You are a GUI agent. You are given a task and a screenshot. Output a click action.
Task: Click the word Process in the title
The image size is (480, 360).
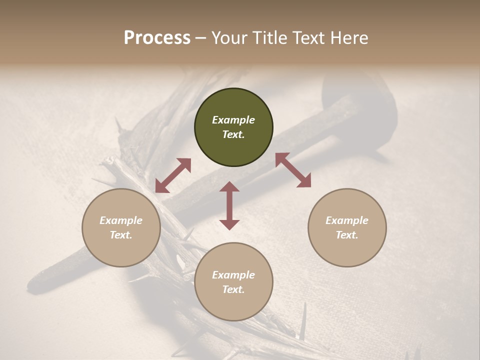157,37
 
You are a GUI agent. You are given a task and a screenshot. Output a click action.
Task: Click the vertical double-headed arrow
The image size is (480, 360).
229,205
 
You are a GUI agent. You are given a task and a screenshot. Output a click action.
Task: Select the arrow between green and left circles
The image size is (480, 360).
173,175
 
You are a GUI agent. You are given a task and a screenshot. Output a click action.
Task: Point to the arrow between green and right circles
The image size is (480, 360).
293,170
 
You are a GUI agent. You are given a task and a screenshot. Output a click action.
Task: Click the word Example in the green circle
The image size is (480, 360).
233,120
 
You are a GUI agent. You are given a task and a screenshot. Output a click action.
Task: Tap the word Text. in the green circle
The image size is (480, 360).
233,134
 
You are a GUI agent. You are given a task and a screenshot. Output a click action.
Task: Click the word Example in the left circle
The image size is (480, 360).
121,220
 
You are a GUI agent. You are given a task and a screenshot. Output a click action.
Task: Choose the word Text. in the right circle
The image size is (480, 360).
347,235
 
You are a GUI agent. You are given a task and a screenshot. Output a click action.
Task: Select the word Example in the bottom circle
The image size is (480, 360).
233,275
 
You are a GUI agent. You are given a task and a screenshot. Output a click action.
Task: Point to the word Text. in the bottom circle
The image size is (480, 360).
233,289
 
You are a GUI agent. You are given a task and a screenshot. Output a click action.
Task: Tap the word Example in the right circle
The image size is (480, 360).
347,220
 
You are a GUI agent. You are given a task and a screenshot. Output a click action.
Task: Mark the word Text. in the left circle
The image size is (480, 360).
121,235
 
